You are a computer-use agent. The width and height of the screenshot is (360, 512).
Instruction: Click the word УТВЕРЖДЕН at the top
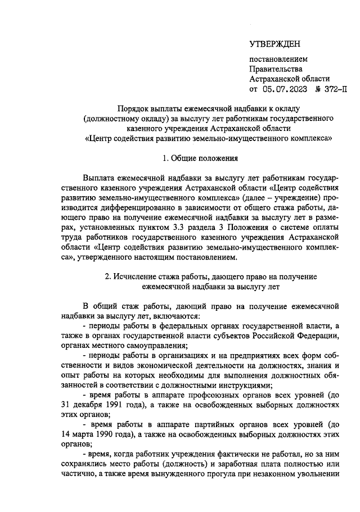[x=275, y=44]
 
